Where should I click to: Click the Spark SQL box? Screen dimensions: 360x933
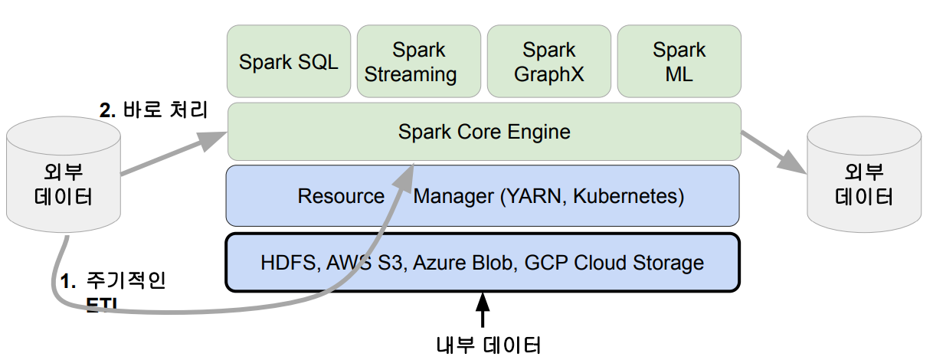click(x=289, y=62)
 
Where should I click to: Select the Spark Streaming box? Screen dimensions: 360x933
click(x=418, y=62)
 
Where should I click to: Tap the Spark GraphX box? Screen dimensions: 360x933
click(x=548, y=62)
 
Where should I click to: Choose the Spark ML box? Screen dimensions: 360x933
click(x=679, y=62)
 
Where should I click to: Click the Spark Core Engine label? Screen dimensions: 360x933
click(x=484, y=132)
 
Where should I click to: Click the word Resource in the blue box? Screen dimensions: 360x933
click(x=341, y=197)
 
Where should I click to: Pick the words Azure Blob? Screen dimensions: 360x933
click(x=466, y=263)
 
